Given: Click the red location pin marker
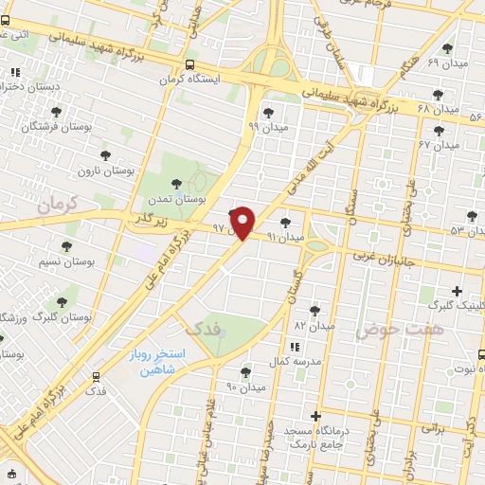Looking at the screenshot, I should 243,222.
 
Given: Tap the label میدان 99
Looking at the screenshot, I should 266,125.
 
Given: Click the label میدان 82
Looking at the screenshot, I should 314,325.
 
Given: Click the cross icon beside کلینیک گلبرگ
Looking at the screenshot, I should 458,291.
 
